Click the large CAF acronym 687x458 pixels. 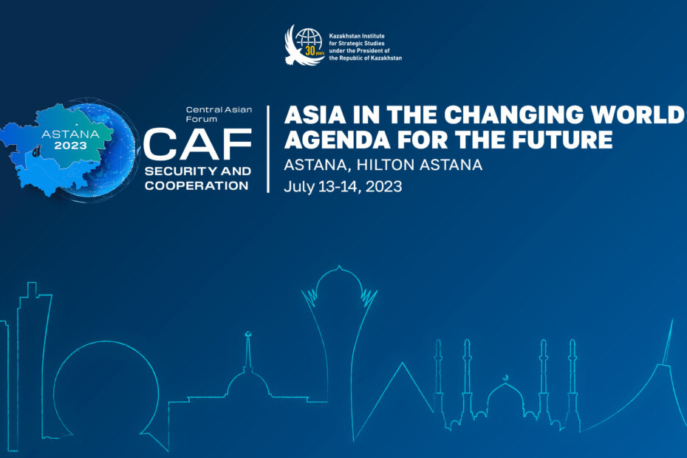(197, 144)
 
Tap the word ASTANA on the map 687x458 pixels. (70, 134)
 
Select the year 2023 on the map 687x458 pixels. (70, 146)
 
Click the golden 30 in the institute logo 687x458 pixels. (310, 51)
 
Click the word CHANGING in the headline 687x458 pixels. (513, 115)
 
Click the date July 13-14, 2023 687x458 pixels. (343, 187)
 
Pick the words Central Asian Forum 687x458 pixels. (219, 114)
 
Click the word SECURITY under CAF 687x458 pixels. (180, 171)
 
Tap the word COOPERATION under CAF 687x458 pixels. (196, 186)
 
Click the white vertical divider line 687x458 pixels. (268, 149)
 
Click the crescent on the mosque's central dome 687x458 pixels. (505, 377)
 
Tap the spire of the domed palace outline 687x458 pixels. (248, 351)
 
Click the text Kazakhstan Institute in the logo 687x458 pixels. (357, 36)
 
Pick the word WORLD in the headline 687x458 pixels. (636, 115)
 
